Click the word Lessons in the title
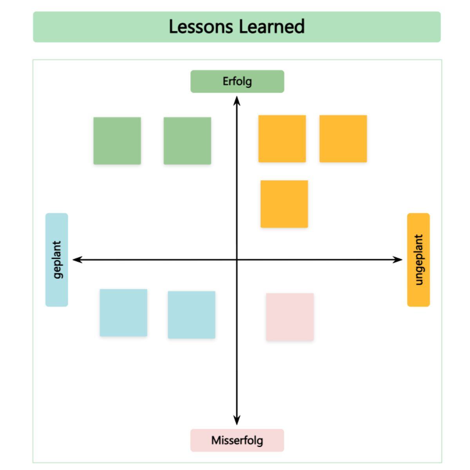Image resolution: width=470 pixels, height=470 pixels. click(201, 27)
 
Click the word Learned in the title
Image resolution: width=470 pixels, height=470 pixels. click(271, 27)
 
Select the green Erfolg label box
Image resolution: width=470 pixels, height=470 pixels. click(237, 81)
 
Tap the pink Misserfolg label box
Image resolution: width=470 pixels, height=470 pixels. click(237, 440)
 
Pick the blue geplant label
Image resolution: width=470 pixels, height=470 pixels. click(57, 260)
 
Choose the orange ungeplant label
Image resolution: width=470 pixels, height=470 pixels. click(418, 260)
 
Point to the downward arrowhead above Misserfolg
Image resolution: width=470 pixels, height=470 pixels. click(237, 421)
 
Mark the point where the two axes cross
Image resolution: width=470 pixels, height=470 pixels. click(237, 259)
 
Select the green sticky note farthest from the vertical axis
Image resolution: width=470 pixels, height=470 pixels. click(117, 141)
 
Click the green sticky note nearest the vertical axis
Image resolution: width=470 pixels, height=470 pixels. click(187, 141)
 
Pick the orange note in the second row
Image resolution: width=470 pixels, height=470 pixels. click(284, 204)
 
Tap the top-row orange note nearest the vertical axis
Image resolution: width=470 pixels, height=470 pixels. click(282, 139)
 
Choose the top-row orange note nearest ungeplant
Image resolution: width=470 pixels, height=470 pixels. click(343, 139)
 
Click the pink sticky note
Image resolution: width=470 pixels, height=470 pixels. click(290, 316)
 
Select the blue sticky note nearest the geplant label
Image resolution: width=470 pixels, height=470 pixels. click(123, 313)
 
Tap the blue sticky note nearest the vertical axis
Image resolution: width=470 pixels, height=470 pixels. click(192, 315)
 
